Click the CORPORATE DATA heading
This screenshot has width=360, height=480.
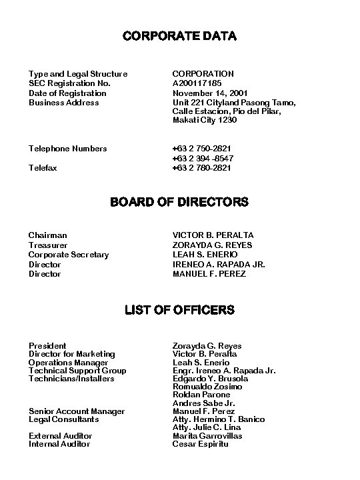[x=179, y=35]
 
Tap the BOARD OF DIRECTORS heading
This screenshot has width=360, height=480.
[x=179, y=201]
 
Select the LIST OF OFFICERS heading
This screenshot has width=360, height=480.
[x=179, y=309]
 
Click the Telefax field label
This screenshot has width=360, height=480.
[x=43, y=168]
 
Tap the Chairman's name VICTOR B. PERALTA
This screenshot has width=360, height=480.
[x=213, y=235]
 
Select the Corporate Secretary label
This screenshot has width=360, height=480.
[x=69, y=255]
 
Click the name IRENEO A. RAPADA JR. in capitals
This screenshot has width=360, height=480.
[x=219, y=265]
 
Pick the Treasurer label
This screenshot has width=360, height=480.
[x=47, y=245]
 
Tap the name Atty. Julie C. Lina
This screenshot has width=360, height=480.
[x=207, y=427]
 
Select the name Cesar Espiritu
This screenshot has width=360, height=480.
[x=200, y=444]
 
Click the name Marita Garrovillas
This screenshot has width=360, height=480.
[x=207, y=436]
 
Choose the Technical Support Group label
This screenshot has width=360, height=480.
[x=77, y=371]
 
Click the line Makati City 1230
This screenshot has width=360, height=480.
[x=205, y=120]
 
